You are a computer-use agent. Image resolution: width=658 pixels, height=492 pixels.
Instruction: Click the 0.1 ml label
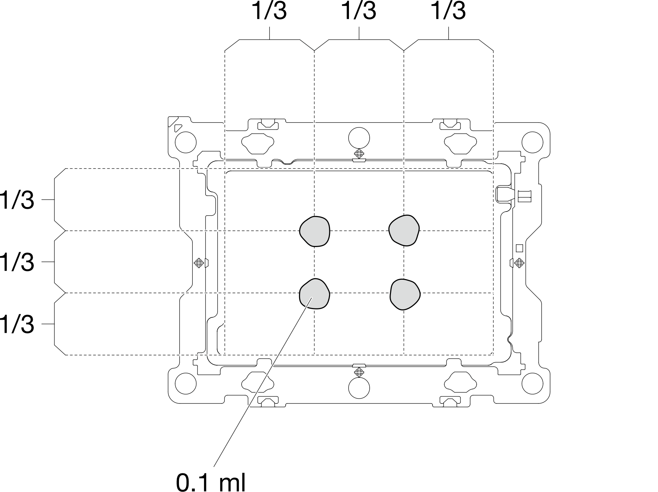pyautogui.click(x=211, y=482)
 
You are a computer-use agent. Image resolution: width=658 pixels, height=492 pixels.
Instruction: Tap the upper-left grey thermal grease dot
pyautogui.click(x=315, y=231)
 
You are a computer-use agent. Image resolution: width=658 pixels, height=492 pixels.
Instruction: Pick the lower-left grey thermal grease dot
pyautogui.click(x=315, y=294)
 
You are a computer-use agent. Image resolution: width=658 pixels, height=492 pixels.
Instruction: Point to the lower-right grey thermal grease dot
pyautogui.click(x=405, y=294)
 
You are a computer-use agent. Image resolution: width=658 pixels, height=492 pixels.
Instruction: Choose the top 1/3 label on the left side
pyautogui.click(x=17, y=200)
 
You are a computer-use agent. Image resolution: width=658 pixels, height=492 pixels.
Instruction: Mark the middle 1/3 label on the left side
pyautogui.click(x=17, y=262)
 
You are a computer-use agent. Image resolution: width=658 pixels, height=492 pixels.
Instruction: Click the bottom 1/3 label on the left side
pyautogui.click(x=17, y=324)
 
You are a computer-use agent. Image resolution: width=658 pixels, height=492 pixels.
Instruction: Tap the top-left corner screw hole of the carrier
pyautogui.click(x=186, y=142)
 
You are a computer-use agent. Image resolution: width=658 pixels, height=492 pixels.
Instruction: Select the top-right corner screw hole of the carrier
pyautogui.click(x=532, y=142)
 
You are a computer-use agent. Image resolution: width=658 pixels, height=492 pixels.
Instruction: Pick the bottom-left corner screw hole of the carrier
pyautogui.click(x=186, y=383)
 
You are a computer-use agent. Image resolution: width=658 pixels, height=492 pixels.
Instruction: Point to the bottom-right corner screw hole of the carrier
pyautogui.click(x=532, y=383)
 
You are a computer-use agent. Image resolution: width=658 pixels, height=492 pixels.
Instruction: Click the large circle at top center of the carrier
pyautogui.click(x=359, y=138)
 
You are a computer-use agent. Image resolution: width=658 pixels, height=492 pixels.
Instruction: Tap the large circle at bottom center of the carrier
pyautogui.click(x=359, y=388)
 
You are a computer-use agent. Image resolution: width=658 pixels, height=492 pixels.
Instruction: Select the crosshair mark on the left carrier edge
pyautogui.click(x=199, y=263)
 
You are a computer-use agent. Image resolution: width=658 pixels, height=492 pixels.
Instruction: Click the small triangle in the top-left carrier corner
pyautogui.click(x=178, y=128)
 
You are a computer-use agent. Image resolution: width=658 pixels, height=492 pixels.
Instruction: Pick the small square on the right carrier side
pyautogui.click(x=520, y=248)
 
